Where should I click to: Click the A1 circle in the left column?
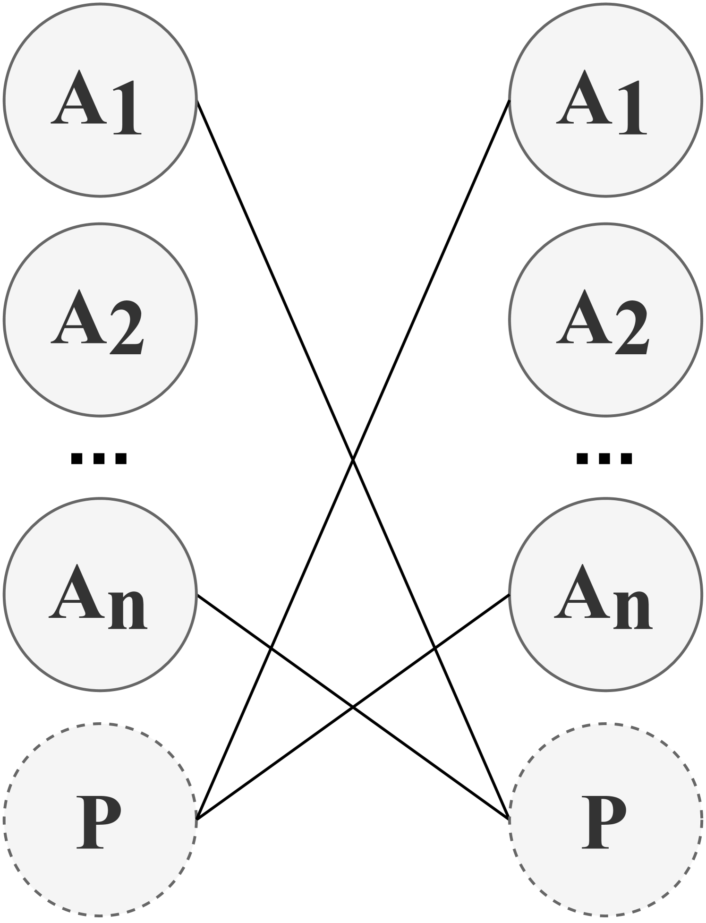[x=100, y=99]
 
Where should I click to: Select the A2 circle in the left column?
[x=100, y=319]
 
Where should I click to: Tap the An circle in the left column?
[x=100, y=594]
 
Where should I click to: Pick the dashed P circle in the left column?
[x=100, y=819]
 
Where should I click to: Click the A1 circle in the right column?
[x=605, y=99]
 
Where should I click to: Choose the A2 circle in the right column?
[x=605, y=319]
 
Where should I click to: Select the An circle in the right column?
[x=605, y=594]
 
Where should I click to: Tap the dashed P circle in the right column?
[x=605, y=819]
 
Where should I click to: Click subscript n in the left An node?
[x=128, y=610]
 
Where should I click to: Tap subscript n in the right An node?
[x=633, y=610]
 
